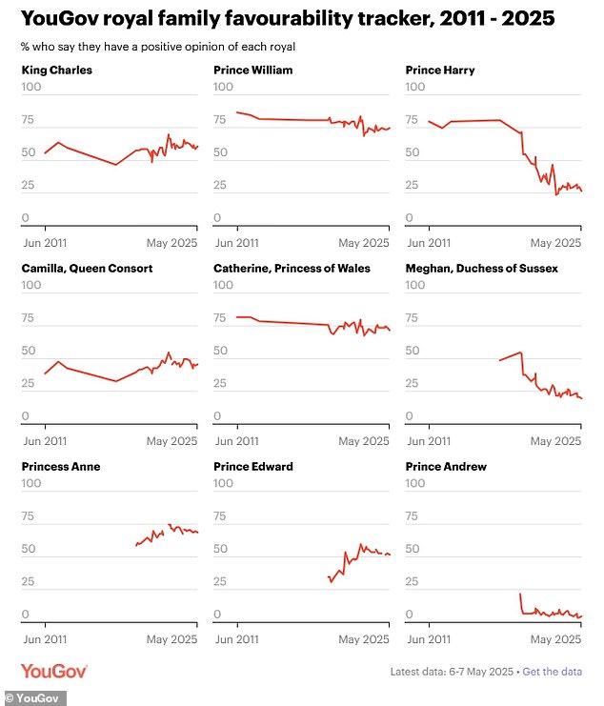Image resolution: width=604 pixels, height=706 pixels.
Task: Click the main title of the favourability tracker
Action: point(288,18)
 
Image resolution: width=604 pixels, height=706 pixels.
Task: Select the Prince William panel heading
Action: point(252,70)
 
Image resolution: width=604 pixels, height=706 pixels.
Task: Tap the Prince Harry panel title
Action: point(440,70)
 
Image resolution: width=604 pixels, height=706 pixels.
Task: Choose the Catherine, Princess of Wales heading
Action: point(292,268)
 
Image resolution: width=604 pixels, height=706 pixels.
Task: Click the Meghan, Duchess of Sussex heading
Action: point(482,268)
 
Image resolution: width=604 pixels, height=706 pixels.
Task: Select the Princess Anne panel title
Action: point(60,466)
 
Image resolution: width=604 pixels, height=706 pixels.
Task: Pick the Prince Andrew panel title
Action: point(446,466)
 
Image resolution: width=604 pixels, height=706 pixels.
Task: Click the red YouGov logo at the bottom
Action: point(54,671)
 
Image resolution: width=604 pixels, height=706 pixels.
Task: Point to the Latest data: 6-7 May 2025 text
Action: point(452,672)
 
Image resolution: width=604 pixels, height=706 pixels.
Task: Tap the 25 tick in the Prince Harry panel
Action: point(413,185)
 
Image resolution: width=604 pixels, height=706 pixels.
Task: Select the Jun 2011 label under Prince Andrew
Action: point(428,639)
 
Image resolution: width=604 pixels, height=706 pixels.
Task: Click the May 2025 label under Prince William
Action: point(364,243)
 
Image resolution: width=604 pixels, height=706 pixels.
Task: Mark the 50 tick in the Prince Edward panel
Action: point(222,549)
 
